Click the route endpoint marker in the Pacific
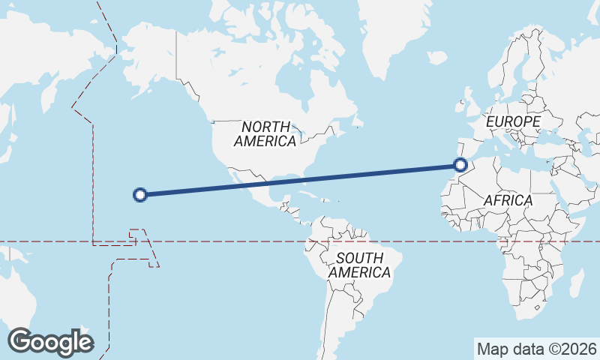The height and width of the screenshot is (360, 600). tap(139, 195)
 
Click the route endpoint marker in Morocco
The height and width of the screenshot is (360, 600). tap(461, 165)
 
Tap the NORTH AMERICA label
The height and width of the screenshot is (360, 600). tap(265, 133)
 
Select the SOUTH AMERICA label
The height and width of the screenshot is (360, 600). tap(360, 265)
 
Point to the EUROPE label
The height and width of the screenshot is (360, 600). tap(513, 121)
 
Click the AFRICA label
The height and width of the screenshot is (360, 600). tap(508, 200)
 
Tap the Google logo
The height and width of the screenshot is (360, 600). tap(50, 342)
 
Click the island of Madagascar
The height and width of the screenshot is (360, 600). tap(577, 283)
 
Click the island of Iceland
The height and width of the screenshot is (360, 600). tap(437, 57)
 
